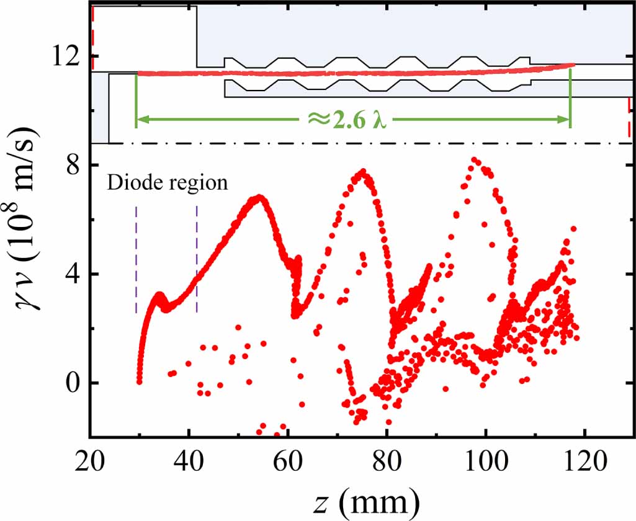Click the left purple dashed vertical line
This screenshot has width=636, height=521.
tap(136, 260)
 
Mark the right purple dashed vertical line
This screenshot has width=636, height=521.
tap(197, 260)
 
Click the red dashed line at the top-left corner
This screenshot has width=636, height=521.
tap(92, 37)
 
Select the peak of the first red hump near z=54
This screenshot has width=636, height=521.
tap(259, 198)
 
